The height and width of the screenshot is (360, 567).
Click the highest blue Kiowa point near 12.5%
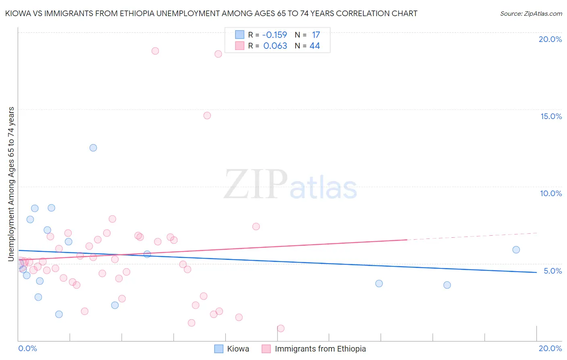point(93,148)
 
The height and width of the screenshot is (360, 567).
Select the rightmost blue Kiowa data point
point(516,250)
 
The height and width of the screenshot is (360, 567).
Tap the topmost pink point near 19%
point(155,51)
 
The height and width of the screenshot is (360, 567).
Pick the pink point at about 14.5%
point(207,115)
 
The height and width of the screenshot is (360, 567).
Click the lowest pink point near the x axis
point(281,329)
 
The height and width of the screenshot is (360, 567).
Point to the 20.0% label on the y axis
point(550,39)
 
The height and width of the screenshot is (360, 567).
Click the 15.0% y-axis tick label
point(551,116)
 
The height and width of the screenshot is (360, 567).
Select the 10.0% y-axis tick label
point(551,193)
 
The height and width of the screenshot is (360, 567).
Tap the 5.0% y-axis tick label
point(552,271)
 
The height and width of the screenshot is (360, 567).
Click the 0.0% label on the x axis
point(27,348)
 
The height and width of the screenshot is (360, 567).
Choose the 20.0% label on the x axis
point(550,348)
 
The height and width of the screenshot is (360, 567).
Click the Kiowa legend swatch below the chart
point(219,349)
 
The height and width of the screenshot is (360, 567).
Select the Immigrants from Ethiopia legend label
point(320,349)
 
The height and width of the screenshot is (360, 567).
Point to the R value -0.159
point(275,35)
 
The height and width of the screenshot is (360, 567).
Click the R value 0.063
point(275,46)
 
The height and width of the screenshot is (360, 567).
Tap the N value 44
point(315,46)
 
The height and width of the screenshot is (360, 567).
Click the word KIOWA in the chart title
point(16,13)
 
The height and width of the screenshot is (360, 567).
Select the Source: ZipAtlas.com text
point(531,13)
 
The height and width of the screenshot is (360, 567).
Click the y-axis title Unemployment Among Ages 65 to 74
point(11,184)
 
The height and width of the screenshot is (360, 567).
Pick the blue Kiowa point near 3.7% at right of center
point(379,284)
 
